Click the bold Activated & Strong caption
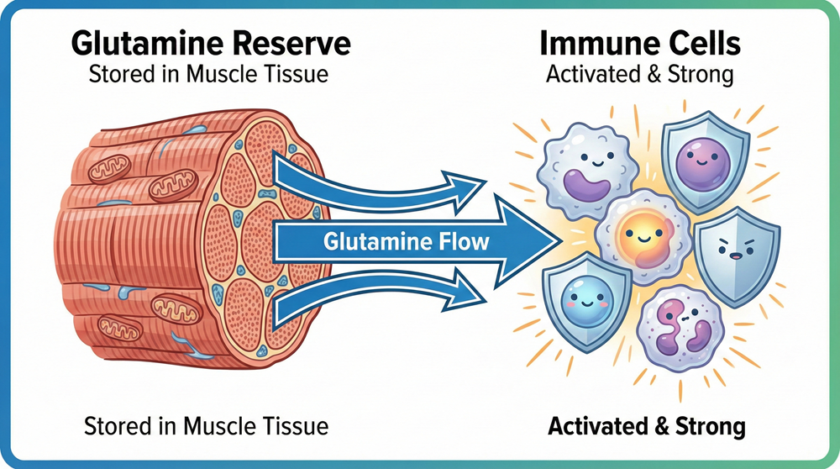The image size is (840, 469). click(x=646, y=426)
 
